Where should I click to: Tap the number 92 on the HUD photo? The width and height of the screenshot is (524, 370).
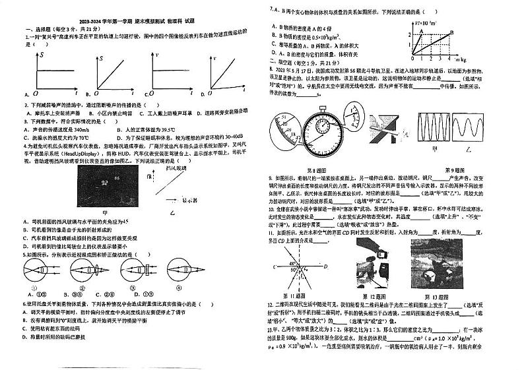104,179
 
